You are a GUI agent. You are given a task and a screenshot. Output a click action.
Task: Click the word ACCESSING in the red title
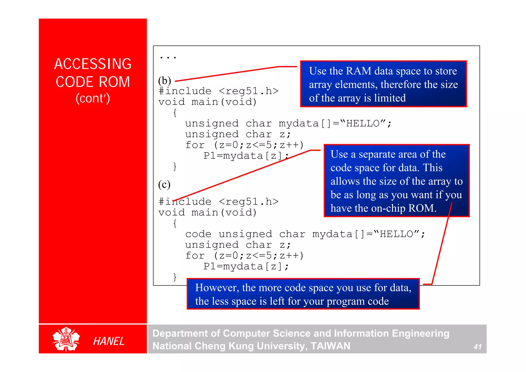pyautogui.click(x=93, y=64)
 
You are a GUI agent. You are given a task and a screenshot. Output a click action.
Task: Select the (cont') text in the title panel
pyautogui.click(x=93, y=98)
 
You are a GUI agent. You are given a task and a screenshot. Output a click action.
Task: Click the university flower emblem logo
pyautogui.click(x=66, y=339)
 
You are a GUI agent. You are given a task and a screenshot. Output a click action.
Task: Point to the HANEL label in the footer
pyautogui.click(x=109, y=341)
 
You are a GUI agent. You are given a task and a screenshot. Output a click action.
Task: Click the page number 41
pyautogui.click(x=477, y=347)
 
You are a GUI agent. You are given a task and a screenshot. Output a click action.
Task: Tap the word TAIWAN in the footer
pyautogui.click(x=330, y=346)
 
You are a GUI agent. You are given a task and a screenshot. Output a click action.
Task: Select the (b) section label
pyautogui.click(x=164, y=81)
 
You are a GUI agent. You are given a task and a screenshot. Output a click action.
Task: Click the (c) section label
pyautogui.click(x=164, y=184)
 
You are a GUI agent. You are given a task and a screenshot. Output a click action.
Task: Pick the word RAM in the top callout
pyautogui.click(x=359, y=71)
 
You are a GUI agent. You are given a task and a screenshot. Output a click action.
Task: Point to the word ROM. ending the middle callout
pyautogui.click(x=422, y=208)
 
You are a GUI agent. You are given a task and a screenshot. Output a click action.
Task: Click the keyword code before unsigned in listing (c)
pyautogui.click(x=198, y=234)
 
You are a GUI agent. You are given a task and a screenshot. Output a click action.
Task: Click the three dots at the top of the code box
pyautogui.click(x=168, y=57)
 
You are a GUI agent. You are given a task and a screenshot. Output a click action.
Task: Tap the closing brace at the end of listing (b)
pyautogui.click(x=175, y=166)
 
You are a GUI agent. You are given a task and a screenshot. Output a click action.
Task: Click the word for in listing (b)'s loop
pyautogui.click(x=195, y=145)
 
